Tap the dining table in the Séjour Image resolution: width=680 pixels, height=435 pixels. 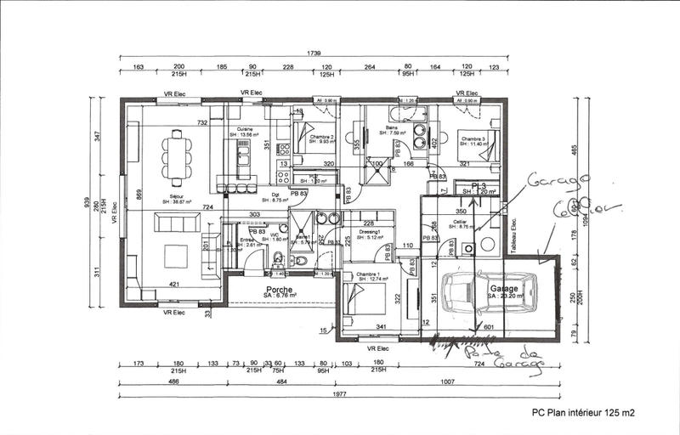pyautogui.click(x=177, y=157)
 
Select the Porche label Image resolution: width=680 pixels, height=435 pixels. pyautogui.click(x=280, y=291)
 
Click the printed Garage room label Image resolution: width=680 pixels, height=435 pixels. pyautogui.click(x=503, y=289)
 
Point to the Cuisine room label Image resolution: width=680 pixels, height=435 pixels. pyautogui.click(x=247, y=129)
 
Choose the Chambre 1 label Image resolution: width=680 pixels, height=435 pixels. pyautogui.click(x=367, y=274)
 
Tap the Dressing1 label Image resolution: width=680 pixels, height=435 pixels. pyautogui.click(x=368, y=232)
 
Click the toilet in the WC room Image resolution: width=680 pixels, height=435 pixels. pyautogui.click(x=278, y=259)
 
